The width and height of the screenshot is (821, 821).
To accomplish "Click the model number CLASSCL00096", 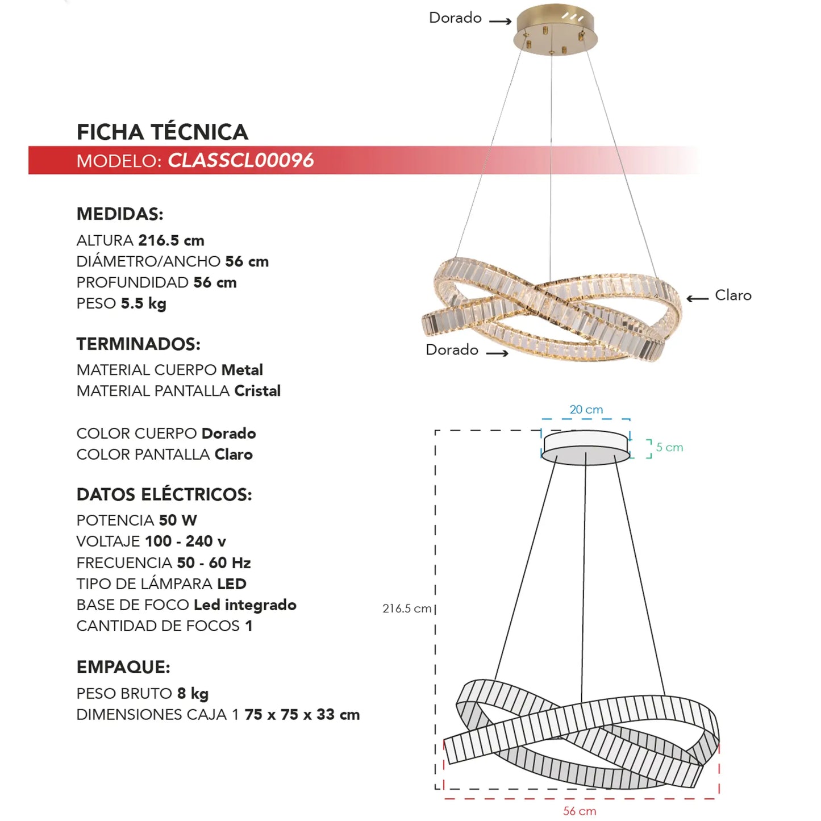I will click(240, 160).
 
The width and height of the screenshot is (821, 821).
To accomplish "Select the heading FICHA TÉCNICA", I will click(162, 132).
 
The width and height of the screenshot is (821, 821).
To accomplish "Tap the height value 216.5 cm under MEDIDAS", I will click(171, 240).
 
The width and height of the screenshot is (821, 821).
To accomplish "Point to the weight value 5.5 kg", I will click(144, 303).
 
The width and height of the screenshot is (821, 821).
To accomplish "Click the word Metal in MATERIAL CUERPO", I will click(242, 370).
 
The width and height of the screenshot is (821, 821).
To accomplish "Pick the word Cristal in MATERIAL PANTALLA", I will click(257, 391).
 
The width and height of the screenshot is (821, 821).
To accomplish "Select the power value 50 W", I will click(178, 520).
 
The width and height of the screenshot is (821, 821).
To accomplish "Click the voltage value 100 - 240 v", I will click(186, 541).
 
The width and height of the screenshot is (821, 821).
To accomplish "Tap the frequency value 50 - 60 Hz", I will click(214, 563).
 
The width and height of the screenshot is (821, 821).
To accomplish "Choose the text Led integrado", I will click(245, 605).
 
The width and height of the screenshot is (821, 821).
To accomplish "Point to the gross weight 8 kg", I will click(193, 694).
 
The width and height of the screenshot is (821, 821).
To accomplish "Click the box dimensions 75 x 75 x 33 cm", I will click(302, 715).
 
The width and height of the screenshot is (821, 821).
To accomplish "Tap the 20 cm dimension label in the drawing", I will click(586, 410).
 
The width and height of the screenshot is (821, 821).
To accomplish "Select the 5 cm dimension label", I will click(669, 447).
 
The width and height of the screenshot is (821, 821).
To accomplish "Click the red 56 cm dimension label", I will click(580, 811).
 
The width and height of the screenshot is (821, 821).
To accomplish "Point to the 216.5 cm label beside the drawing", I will click(407, 609).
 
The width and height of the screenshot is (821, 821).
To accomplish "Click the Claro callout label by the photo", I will click(733, 295).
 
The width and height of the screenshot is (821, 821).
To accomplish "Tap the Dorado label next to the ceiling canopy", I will click(455, 18).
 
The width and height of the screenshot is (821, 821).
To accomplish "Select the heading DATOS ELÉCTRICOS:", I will click(164, 494).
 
